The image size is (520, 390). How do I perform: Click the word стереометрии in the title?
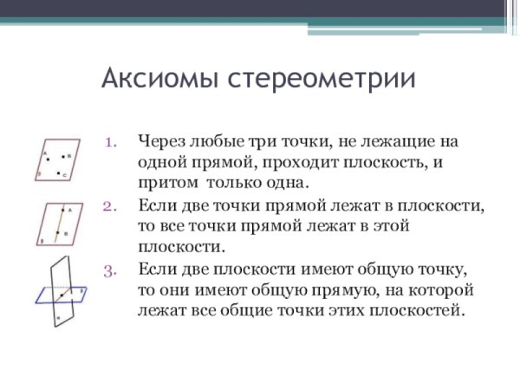click(x=320, y=80)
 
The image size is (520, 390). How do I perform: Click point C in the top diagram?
click(x=59, y=174)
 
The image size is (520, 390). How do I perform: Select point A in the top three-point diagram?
click(x=49, y=157)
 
